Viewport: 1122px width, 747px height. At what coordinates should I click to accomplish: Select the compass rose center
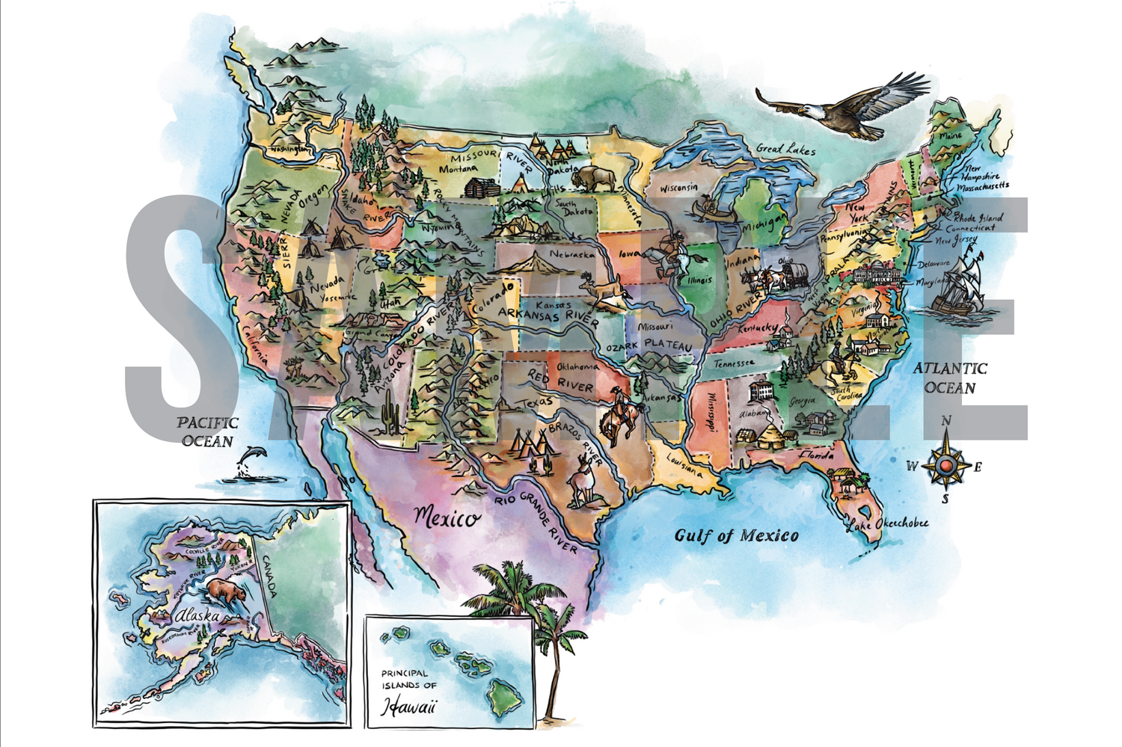(945, 466)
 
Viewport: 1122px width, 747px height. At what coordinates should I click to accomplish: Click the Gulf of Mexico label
(736, 535)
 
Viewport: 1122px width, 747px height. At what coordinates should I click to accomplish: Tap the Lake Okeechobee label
(887, 524)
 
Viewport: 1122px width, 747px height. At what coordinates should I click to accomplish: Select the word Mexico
(447, 517)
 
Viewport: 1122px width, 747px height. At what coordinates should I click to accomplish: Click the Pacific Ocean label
(207, 431)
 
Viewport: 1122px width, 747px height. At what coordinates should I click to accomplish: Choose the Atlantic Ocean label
(950, 378)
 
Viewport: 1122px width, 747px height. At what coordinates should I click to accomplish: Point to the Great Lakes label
(785, 149)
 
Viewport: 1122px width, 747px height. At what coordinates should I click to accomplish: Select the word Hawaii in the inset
(408, 705)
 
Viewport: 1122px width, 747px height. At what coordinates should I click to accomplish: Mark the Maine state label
(951, 136)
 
